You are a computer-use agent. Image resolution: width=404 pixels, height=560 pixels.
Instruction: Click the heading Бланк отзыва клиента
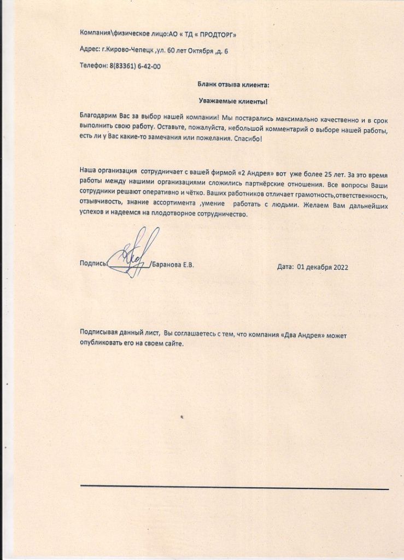233,85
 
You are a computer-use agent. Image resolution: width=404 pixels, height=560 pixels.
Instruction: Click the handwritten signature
131,253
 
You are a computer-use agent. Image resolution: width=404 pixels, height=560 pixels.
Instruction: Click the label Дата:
285,267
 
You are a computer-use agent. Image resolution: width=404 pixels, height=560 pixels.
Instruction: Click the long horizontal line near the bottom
235,487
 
